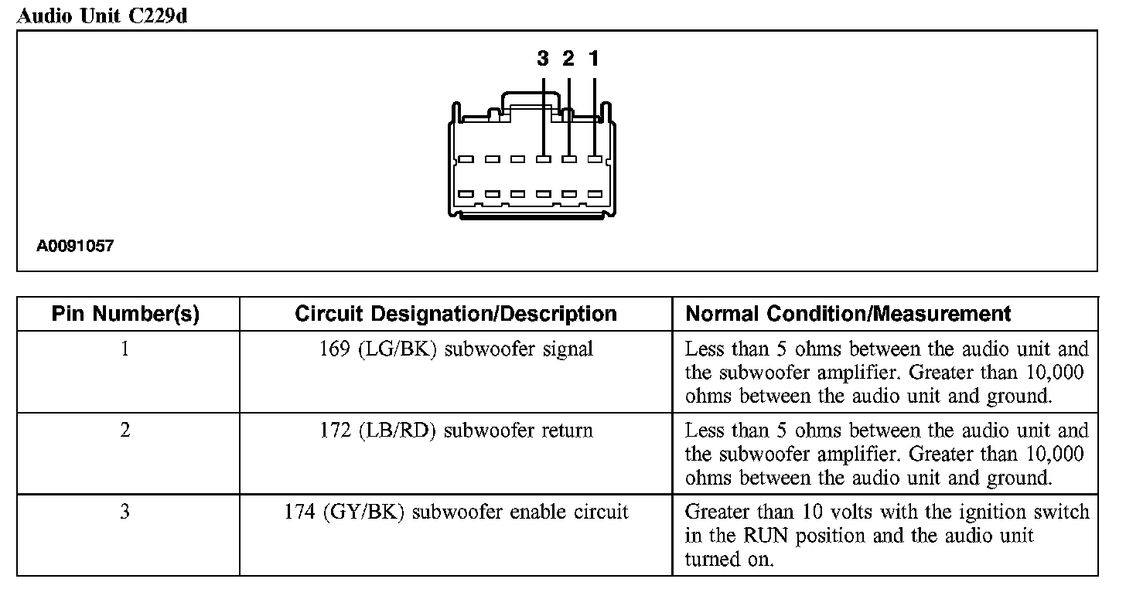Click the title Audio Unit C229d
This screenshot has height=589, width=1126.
102,16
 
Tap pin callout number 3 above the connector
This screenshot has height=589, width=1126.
543,59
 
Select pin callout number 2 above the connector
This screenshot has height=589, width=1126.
568,59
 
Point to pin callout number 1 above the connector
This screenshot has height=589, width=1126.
594,59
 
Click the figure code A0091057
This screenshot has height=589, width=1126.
75,247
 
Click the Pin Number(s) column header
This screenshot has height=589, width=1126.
125,314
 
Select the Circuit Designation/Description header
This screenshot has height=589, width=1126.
456,314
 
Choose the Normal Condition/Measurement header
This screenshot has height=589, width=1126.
848,314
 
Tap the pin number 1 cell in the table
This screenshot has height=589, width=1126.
125,349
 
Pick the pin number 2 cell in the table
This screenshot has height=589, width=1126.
125,430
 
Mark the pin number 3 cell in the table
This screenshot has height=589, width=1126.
125,512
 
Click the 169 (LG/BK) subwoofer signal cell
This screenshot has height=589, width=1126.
456,349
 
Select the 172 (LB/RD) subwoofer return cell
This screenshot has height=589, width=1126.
456,430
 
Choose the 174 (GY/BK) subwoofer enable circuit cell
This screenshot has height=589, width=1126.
456,512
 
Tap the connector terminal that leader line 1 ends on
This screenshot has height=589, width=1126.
594,160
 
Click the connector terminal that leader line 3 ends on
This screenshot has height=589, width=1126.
544,160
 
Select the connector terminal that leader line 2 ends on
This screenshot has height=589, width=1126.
569,160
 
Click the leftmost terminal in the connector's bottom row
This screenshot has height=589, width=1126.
466,193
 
